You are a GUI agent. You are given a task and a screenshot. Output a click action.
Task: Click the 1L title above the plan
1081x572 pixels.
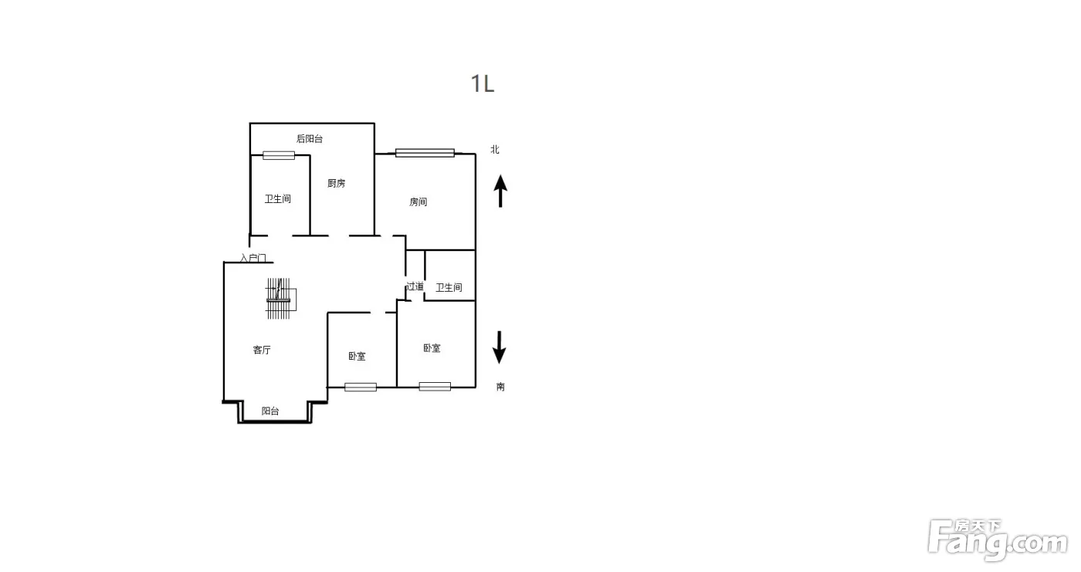(x=483, y=84)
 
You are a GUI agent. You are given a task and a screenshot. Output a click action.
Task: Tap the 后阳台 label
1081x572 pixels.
(x=310, y=139)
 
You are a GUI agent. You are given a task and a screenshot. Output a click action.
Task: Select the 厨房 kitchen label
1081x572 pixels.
(x=337, y=183)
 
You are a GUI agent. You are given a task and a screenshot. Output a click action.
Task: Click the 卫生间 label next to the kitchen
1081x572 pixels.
(x=277, y=198)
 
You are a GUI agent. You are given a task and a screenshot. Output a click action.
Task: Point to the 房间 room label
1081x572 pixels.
(x=418, y=202)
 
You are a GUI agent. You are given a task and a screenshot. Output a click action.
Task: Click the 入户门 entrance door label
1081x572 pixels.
(x=253, y=258)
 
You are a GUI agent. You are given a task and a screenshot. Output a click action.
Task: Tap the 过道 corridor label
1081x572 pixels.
(x=415, y=286)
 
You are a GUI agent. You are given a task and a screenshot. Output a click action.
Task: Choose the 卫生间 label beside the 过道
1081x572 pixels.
(x=449, y=288)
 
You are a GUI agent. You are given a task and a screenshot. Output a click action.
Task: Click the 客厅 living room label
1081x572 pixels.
(x=262, y=350)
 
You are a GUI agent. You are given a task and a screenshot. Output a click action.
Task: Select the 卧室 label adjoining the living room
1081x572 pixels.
(x=357, y=357)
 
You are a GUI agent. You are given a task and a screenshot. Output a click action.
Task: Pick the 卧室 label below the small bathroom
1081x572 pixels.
(x=432, y=348)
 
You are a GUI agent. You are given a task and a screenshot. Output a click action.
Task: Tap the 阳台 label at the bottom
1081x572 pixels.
(x=270, y=411)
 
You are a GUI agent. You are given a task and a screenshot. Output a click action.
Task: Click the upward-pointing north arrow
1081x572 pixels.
(x=500, y=191)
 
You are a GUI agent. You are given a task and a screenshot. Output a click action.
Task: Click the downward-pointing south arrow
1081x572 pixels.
(x=500, y=347)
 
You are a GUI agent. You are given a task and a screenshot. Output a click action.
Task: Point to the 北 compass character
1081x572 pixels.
(x=495, y=150)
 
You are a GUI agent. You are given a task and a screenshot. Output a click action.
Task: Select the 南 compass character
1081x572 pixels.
(x=500, y=387)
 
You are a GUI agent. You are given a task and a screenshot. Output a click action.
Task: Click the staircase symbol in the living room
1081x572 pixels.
(x=280, y=299)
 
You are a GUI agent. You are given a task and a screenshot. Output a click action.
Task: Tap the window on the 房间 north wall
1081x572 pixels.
(x=425, y=153)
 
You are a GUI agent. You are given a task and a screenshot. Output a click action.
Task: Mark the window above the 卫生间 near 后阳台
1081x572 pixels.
(x=279, y=155)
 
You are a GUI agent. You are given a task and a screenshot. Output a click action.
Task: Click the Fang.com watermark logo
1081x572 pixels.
(x=998, y=540)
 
